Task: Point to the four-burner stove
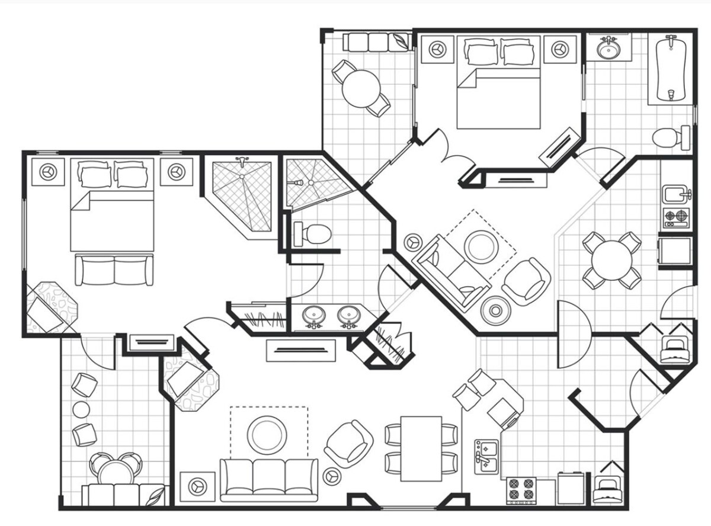[x=521, y=489]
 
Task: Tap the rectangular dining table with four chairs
[x=421, y=448]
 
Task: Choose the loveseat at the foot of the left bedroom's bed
[x=113, y=270]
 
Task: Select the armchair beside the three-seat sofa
[x=348, y=444]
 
